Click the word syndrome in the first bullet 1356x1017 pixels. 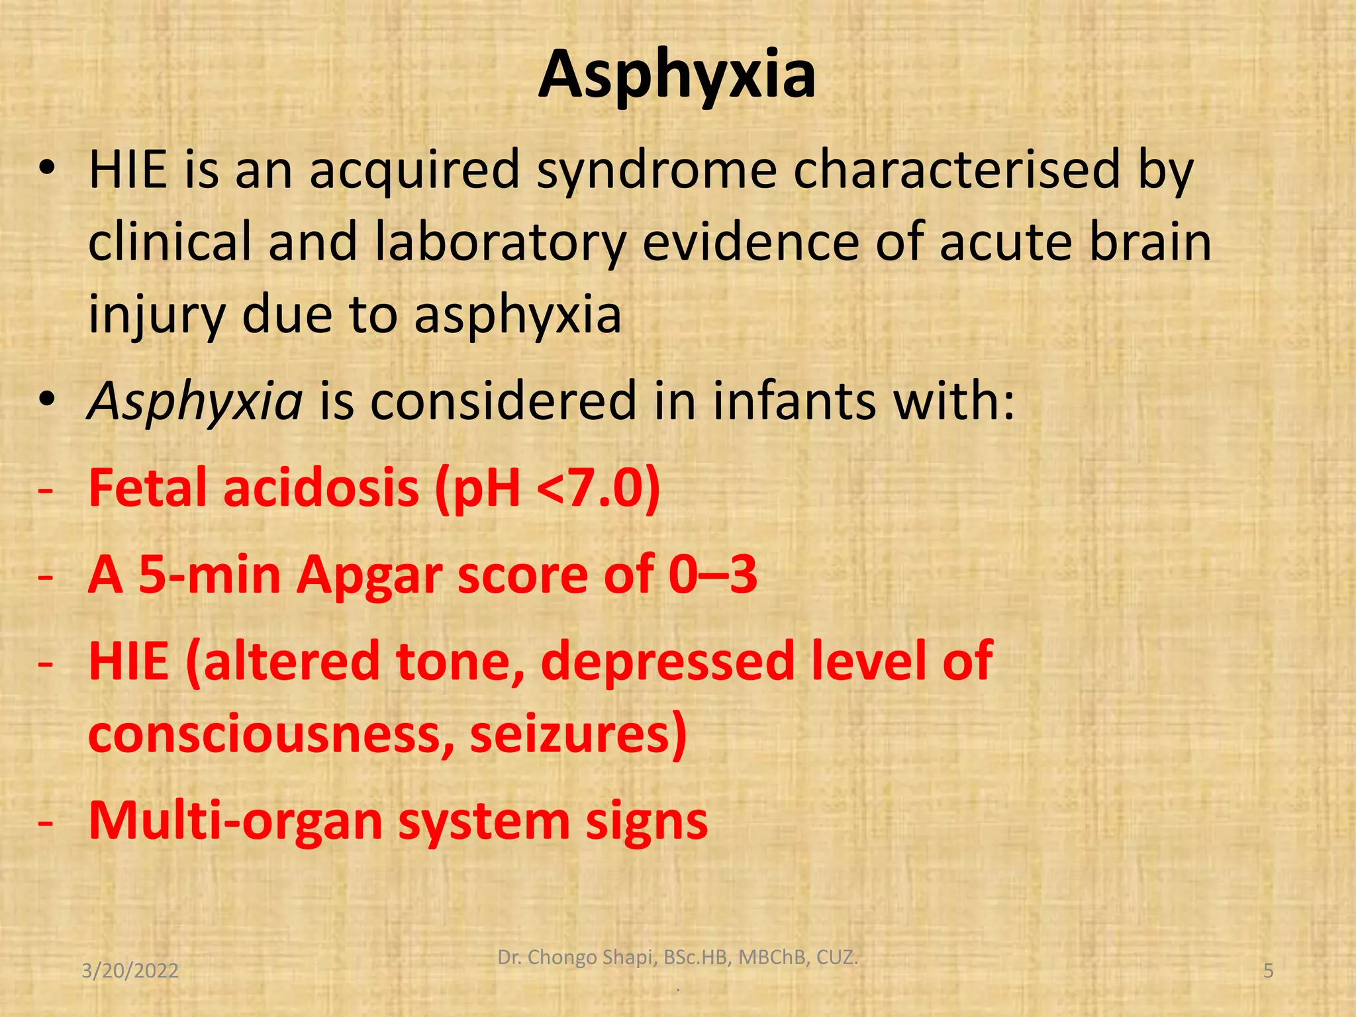pyautogui.click(x=656, y=169)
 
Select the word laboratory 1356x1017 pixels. pyautogui.click(x=500, y=242)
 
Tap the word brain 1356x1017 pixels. pyautogui.click(x=1150, y=242)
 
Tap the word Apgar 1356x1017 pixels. pyautogui.click(x=368, y=575)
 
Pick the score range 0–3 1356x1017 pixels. pyautogui.click(x=712, y=575)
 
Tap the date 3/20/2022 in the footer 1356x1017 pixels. pyautogui.click(x=130, y=971)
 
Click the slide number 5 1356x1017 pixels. pyautogui.click(x=1269, y=971)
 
